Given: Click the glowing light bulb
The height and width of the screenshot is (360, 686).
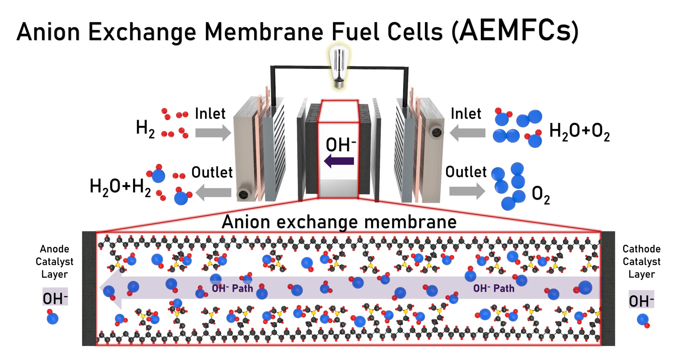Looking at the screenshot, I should tap(339, 67).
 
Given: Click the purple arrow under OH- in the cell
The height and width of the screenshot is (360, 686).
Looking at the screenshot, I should tap(339, 161).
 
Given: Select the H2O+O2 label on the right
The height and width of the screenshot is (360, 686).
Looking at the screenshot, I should tap(579, 131).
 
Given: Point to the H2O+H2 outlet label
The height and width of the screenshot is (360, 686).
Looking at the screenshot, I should tap(120, 187).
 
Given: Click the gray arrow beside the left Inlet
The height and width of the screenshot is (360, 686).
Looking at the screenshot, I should tap(213, 133).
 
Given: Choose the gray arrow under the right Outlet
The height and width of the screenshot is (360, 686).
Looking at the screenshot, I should tap(467, 191).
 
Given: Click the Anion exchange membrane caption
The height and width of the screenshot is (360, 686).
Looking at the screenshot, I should tap(339, 222).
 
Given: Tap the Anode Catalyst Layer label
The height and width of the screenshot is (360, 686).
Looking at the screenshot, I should tap(54, 262).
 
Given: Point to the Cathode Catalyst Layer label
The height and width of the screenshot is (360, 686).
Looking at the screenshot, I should tap(641, 262).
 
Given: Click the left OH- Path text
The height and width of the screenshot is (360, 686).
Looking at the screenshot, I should tap(232, 288).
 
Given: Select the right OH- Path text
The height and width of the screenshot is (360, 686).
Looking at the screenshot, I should tap(494, 288).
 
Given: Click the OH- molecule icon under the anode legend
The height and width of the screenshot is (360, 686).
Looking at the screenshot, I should tap(52, 317).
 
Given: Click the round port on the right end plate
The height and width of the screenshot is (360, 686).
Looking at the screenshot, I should tap(436, 132).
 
